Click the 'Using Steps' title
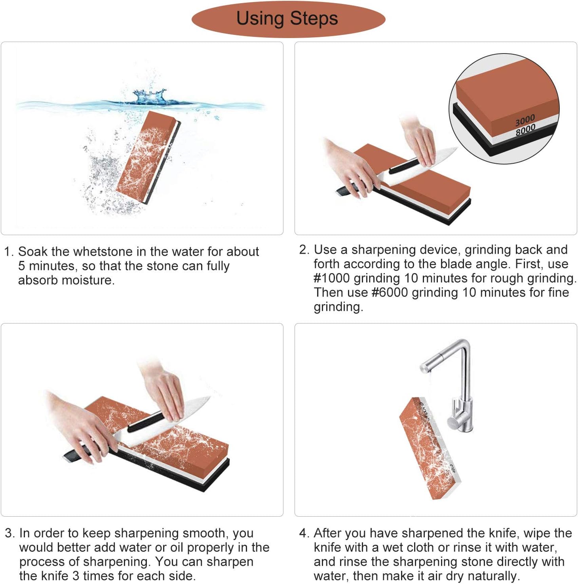pos(287,19)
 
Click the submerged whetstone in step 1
pos(148,157)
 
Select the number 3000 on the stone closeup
pos(525,120)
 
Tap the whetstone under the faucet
pos(430,448)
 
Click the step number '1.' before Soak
pos(9,251)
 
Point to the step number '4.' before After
pos(304,533)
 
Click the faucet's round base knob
pos(454,421)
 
